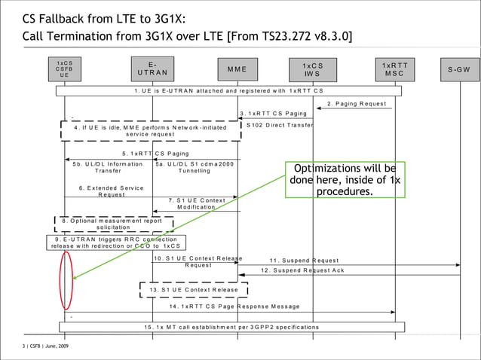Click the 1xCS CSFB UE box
coord(65,69)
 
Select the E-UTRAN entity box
coord(152,69)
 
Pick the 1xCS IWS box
coord(313,69)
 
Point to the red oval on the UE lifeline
coord(66,280)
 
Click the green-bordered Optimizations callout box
coord(345,180)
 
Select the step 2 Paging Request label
coord(357,103)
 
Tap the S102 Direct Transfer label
coord(280,124)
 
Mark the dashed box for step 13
coord(194,290)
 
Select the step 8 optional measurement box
coord(113,224)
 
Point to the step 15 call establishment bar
coord(231,327)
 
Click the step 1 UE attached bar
coord(228,90)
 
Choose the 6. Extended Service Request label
coord(111,191)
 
